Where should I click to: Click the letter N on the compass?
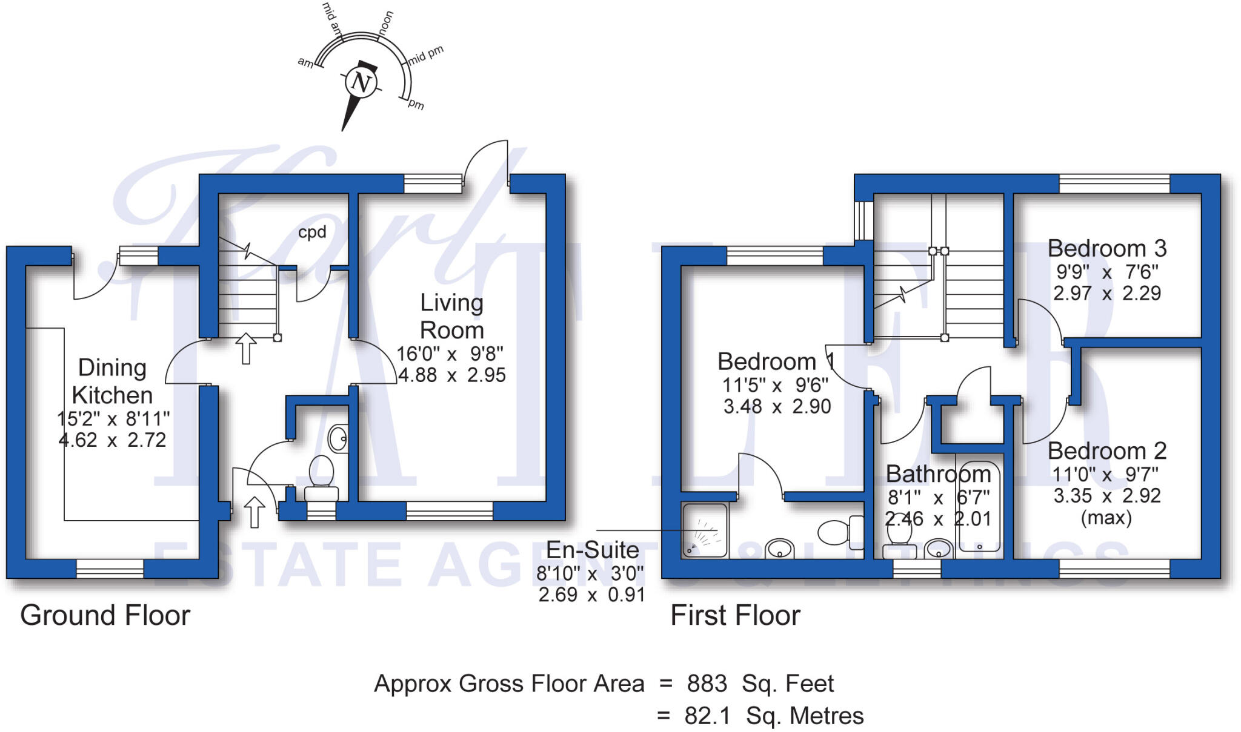pyautogui.click(x=361, y=82)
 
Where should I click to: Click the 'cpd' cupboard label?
pyautogui.click(x=312, y=232)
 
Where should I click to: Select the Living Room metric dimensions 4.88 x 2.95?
pyautogui.click(x=451, y=375)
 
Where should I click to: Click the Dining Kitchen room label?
pyautogui.click(x=112, y=381)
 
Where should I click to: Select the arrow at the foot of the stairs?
pyautogui.click(x=246, y=348)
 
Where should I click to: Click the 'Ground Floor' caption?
pyautogui.click(x=105, y=615)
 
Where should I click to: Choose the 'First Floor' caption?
pyautogui.click(x=735, y=615)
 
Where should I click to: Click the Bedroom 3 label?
pyautogui.click(x=1107, y=248)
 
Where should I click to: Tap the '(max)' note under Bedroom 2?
pyautogui.click(x=1106, y=518)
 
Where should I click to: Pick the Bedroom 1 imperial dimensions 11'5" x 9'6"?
pyautogui.click(x=775, y=384)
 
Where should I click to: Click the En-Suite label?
pyautogui.click(x=592, y=550)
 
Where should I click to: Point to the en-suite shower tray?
pyautogui.click(x=704, y=530)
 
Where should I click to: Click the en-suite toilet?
pyautogui.click(x=839, y=532)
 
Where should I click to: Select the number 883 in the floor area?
pyautogui.click(x=707, y=684)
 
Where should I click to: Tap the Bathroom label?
pyautogui.click(x=939, y=473)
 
